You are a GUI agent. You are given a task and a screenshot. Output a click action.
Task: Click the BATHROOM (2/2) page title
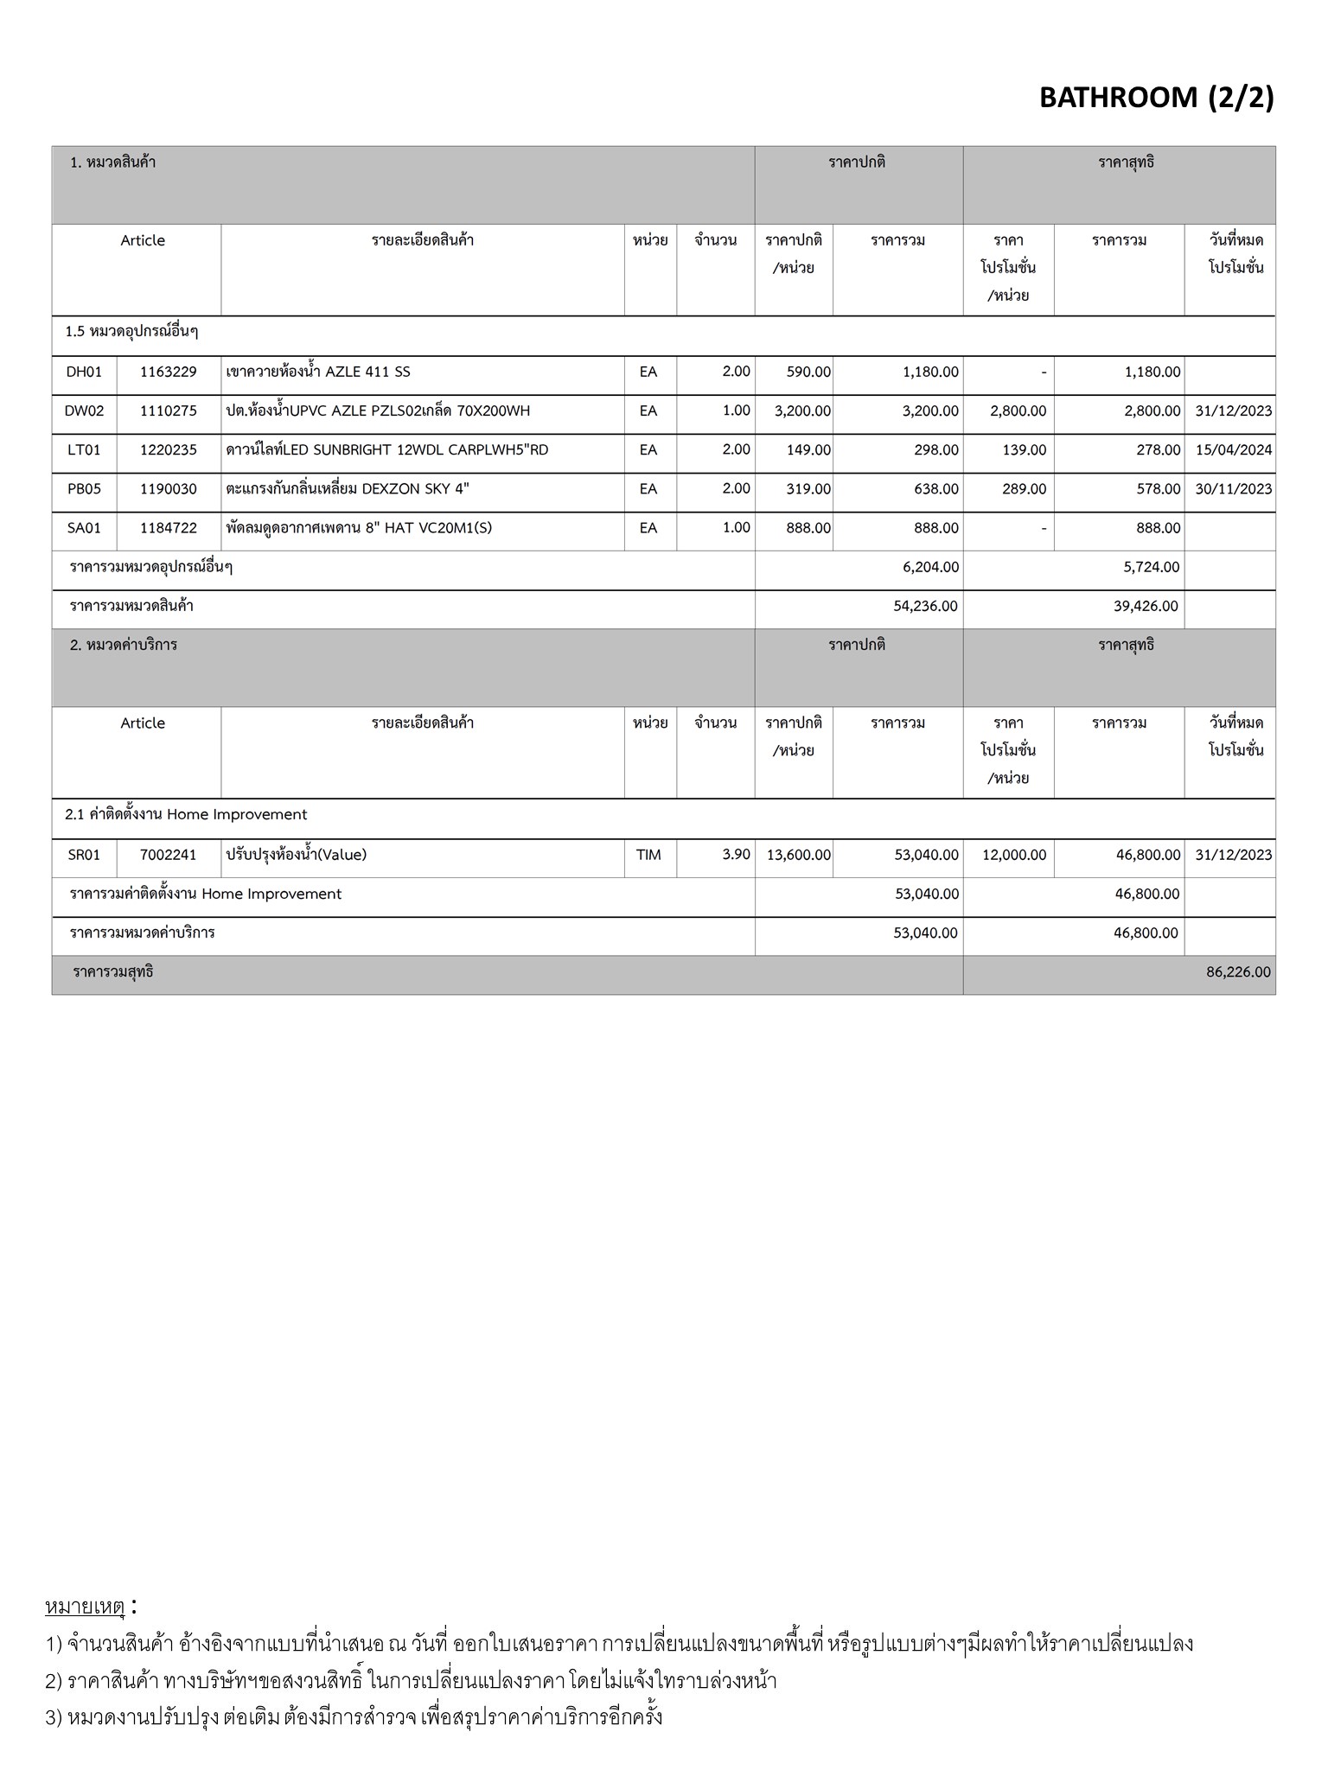pos(1156,98)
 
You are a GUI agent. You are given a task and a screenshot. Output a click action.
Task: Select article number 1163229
pos(169,372)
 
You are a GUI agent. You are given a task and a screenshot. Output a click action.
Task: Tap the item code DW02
pos(84,411)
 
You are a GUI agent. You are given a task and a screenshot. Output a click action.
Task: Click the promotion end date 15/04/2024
pos(1233,449)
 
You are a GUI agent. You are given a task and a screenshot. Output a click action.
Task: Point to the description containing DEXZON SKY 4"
pos(348,489)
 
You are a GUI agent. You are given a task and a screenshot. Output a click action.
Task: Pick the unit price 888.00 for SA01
pos(808,528)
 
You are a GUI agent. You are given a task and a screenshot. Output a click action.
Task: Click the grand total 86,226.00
pos(1238,972)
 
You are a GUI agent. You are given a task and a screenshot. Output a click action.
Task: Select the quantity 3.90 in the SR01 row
pos(736,854)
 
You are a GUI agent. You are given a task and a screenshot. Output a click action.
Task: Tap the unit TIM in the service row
pos(648,855)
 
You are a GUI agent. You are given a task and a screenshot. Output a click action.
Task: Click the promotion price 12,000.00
pos(1013,855)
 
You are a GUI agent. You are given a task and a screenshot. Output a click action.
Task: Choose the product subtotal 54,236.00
pos(925,607)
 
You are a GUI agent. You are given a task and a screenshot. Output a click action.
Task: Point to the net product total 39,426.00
pos(1146,607)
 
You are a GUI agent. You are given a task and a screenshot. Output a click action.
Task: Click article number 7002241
pos(169,855)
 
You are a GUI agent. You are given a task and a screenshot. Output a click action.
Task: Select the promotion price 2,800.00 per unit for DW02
pos(1018,411)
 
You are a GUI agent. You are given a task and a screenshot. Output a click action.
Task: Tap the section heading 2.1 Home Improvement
pos(186,814)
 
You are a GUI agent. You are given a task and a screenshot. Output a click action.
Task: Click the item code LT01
pos(84,449)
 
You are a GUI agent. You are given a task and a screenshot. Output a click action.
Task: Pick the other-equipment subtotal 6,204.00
pos(930,568)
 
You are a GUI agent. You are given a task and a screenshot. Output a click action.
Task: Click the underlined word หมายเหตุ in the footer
pos(85,1607)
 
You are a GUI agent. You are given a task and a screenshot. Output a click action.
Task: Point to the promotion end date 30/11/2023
pos(1233,489)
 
